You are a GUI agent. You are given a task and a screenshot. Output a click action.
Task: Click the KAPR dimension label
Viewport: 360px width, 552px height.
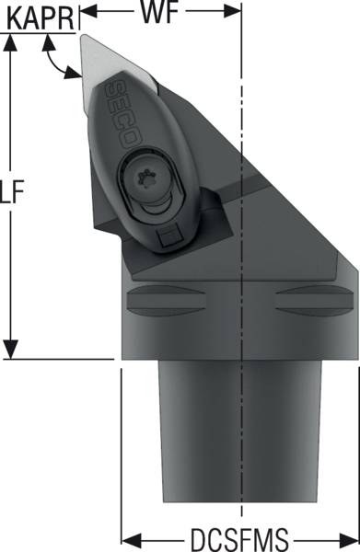point(41,18)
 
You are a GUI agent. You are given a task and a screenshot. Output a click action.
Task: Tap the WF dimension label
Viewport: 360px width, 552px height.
point(159,13)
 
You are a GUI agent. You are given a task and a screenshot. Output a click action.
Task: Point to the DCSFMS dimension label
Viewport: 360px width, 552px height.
point(239,539)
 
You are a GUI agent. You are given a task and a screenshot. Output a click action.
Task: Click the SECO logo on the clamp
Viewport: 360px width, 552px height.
point(122,113)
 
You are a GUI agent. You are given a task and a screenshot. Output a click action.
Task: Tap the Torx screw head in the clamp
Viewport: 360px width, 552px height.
point(147,177)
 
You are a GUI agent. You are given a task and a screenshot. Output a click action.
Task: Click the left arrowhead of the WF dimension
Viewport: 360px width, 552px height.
point(88,11)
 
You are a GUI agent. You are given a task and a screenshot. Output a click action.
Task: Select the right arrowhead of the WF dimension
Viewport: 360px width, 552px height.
point(233,11)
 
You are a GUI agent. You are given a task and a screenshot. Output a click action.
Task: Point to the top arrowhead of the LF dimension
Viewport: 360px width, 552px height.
point(11,42)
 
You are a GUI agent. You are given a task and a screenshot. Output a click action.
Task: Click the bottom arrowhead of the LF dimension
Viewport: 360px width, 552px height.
point(11,350)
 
